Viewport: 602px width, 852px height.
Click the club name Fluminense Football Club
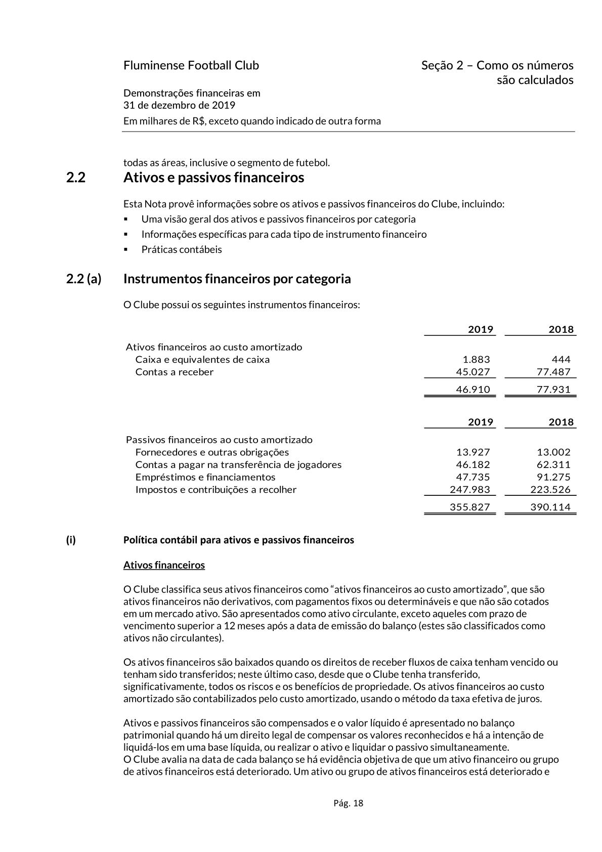[x=191, y=65]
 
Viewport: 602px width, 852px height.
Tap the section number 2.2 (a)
[x=83, y=279]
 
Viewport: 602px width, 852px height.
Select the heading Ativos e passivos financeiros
[x=213, y=178]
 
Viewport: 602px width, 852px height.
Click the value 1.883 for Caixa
[x=476, y=359]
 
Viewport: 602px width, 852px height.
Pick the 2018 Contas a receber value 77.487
[x=553, y=372]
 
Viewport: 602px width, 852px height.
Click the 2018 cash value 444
[x=561, y=359]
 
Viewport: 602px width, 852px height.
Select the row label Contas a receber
[x=174, y=372]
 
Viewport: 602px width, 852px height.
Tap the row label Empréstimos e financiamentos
[x=205, y=477]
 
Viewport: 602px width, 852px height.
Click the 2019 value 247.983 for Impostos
[x=469, y=489]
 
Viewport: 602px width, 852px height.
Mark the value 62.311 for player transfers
[x=553, y=464]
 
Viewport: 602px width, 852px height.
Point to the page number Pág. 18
[x=348, y=803]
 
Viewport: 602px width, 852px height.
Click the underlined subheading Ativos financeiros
[x=164, y=565]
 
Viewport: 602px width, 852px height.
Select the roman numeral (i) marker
[x=71, y=540]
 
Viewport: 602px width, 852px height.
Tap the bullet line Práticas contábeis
[x=181, y=249]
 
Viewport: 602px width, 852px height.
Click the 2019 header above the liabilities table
[x=480, y=422]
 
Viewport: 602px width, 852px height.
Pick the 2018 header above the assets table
[x=561, y=329]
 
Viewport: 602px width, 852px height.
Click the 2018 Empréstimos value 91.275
[x=553, y=477]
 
